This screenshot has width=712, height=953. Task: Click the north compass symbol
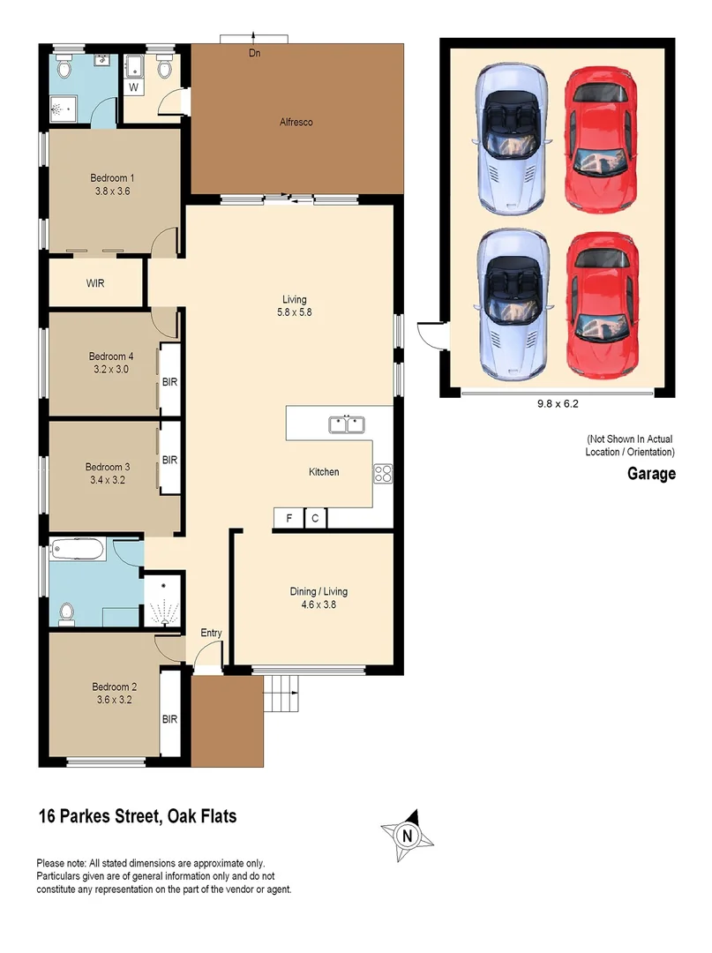406,833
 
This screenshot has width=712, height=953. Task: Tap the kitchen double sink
347,425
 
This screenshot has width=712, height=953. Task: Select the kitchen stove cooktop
384,474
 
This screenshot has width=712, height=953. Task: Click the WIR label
96,284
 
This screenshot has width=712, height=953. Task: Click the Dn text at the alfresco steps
254,54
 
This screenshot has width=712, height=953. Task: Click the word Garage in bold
651,474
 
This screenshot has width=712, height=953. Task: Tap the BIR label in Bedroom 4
170,382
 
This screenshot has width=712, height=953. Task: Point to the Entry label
211,633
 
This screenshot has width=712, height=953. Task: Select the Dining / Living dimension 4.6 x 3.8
319,605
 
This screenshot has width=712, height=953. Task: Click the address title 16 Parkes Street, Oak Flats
138,816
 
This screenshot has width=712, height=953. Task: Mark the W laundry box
134,87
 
